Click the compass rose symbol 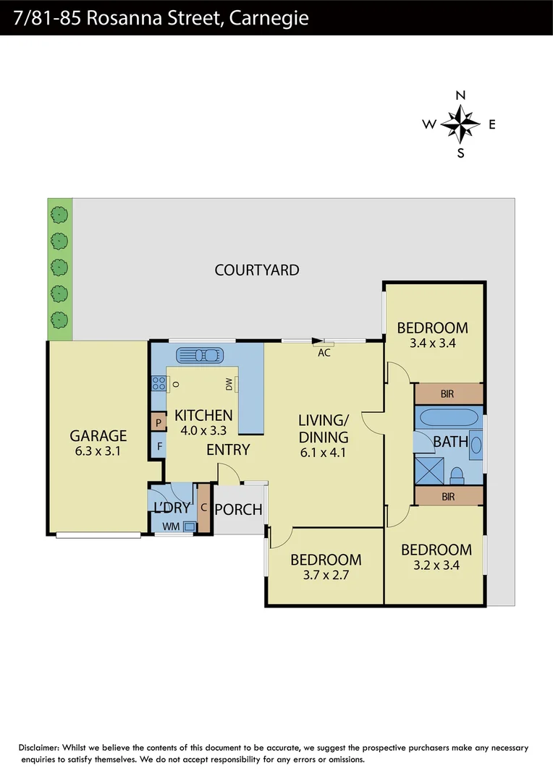click(460, 124)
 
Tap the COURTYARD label click(257, 270)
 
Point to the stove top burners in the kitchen click(159, 384)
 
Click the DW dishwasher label click(229, 383)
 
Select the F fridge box click(158, 447)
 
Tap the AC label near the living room click(324, 353)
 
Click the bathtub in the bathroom click(449, 418)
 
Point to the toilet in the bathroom click(457, 474)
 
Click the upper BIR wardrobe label click(448, 394)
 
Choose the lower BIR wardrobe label click(448, 496)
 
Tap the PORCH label click(239, 509)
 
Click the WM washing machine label click(170, 526)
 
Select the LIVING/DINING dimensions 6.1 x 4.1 click(324, 453)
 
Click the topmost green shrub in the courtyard click(59, 214)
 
